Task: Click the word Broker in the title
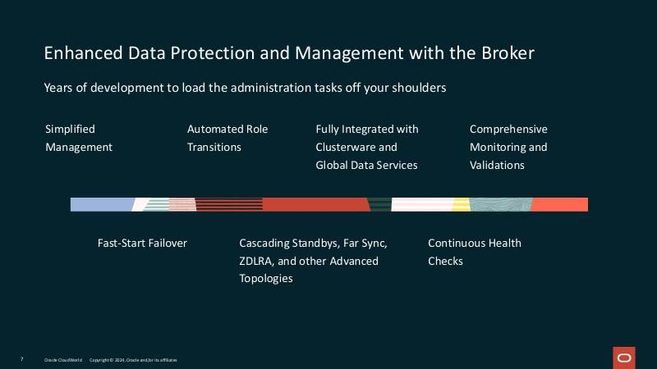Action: (506, 53)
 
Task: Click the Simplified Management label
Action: (79, 138)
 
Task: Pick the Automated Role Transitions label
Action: (227, 138)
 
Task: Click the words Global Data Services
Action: (366, 165)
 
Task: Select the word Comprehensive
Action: (508, 129)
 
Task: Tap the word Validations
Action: (497, 165)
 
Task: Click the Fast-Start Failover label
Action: (142, 243)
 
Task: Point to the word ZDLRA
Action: (257, 261)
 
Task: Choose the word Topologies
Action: (266, 279)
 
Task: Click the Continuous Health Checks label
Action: (474, 252)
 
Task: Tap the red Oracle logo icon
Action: (624, 358)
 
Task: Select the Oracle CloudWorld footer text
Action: (63, 360)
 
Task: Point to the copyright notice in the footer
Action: (133, 360)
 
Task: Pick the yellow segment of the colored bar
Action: (461, 205)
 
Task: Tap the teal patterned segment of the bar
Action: (500, 205)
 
